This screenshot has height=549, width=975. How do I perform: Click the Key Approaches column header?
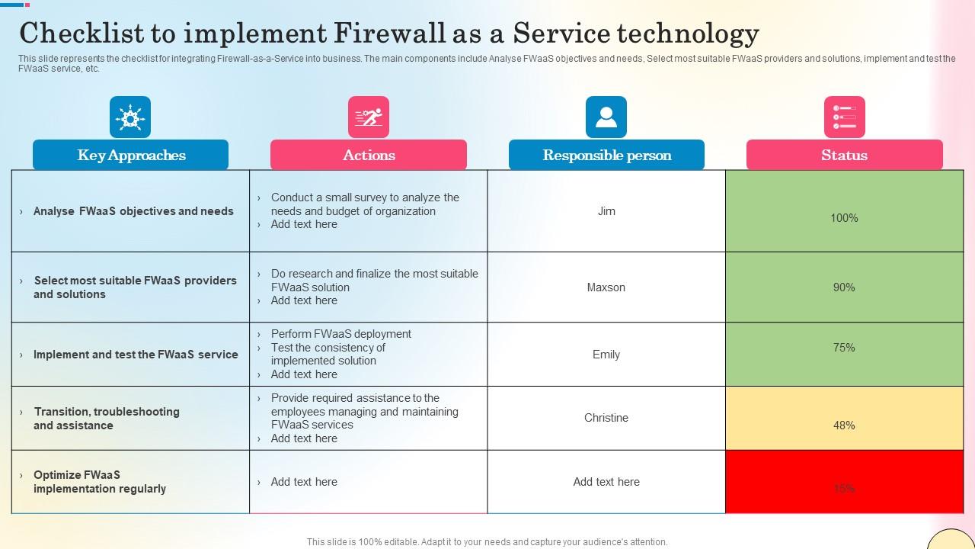tap(130, 155)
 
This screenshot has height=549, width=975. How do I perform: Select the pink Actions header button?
tap(369, 155)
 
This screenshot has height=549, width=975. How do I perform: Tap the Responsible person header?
tap(606, 155)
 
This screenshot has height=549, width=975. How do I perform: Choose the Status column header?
tap(844, 155)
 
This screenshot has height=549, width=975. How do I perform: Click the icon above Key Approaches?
tap(130, 117)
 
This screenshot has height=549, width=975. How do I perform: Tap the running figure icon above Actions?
tap(369, 117)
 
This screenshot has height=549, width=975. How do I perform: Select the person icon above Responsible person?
tap(606, 117)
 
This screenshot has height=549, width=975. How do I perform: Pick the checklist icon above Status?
tap(844, 117)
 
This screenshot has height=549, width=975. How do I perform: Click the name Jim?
tap(606, 211)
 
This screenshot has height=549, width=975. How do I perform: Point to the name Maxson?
tap(606, 287)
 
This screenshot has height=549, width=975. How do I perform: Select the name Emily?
tap(606, 355)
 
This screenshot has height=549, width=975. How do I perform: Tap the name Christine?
tap(606, 418)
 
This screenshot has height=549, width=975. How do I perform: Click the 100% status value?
tap(844, 218)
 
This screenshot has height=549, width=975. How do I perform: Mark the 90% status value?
tap(844, 287)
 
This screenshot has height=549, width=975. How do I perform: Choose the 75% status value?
tap(844, 348)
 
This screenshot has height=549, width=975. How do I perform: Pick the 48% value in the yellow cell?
tap(844, 425)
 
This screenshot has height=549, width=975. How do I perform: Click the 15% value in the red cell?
tap(844, 489)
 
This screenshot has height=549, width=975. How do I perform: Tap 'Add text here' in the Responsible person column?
tap(606, 482)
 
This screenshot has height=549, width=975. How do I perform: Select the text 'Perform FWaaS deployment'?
tap(340, 334)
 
